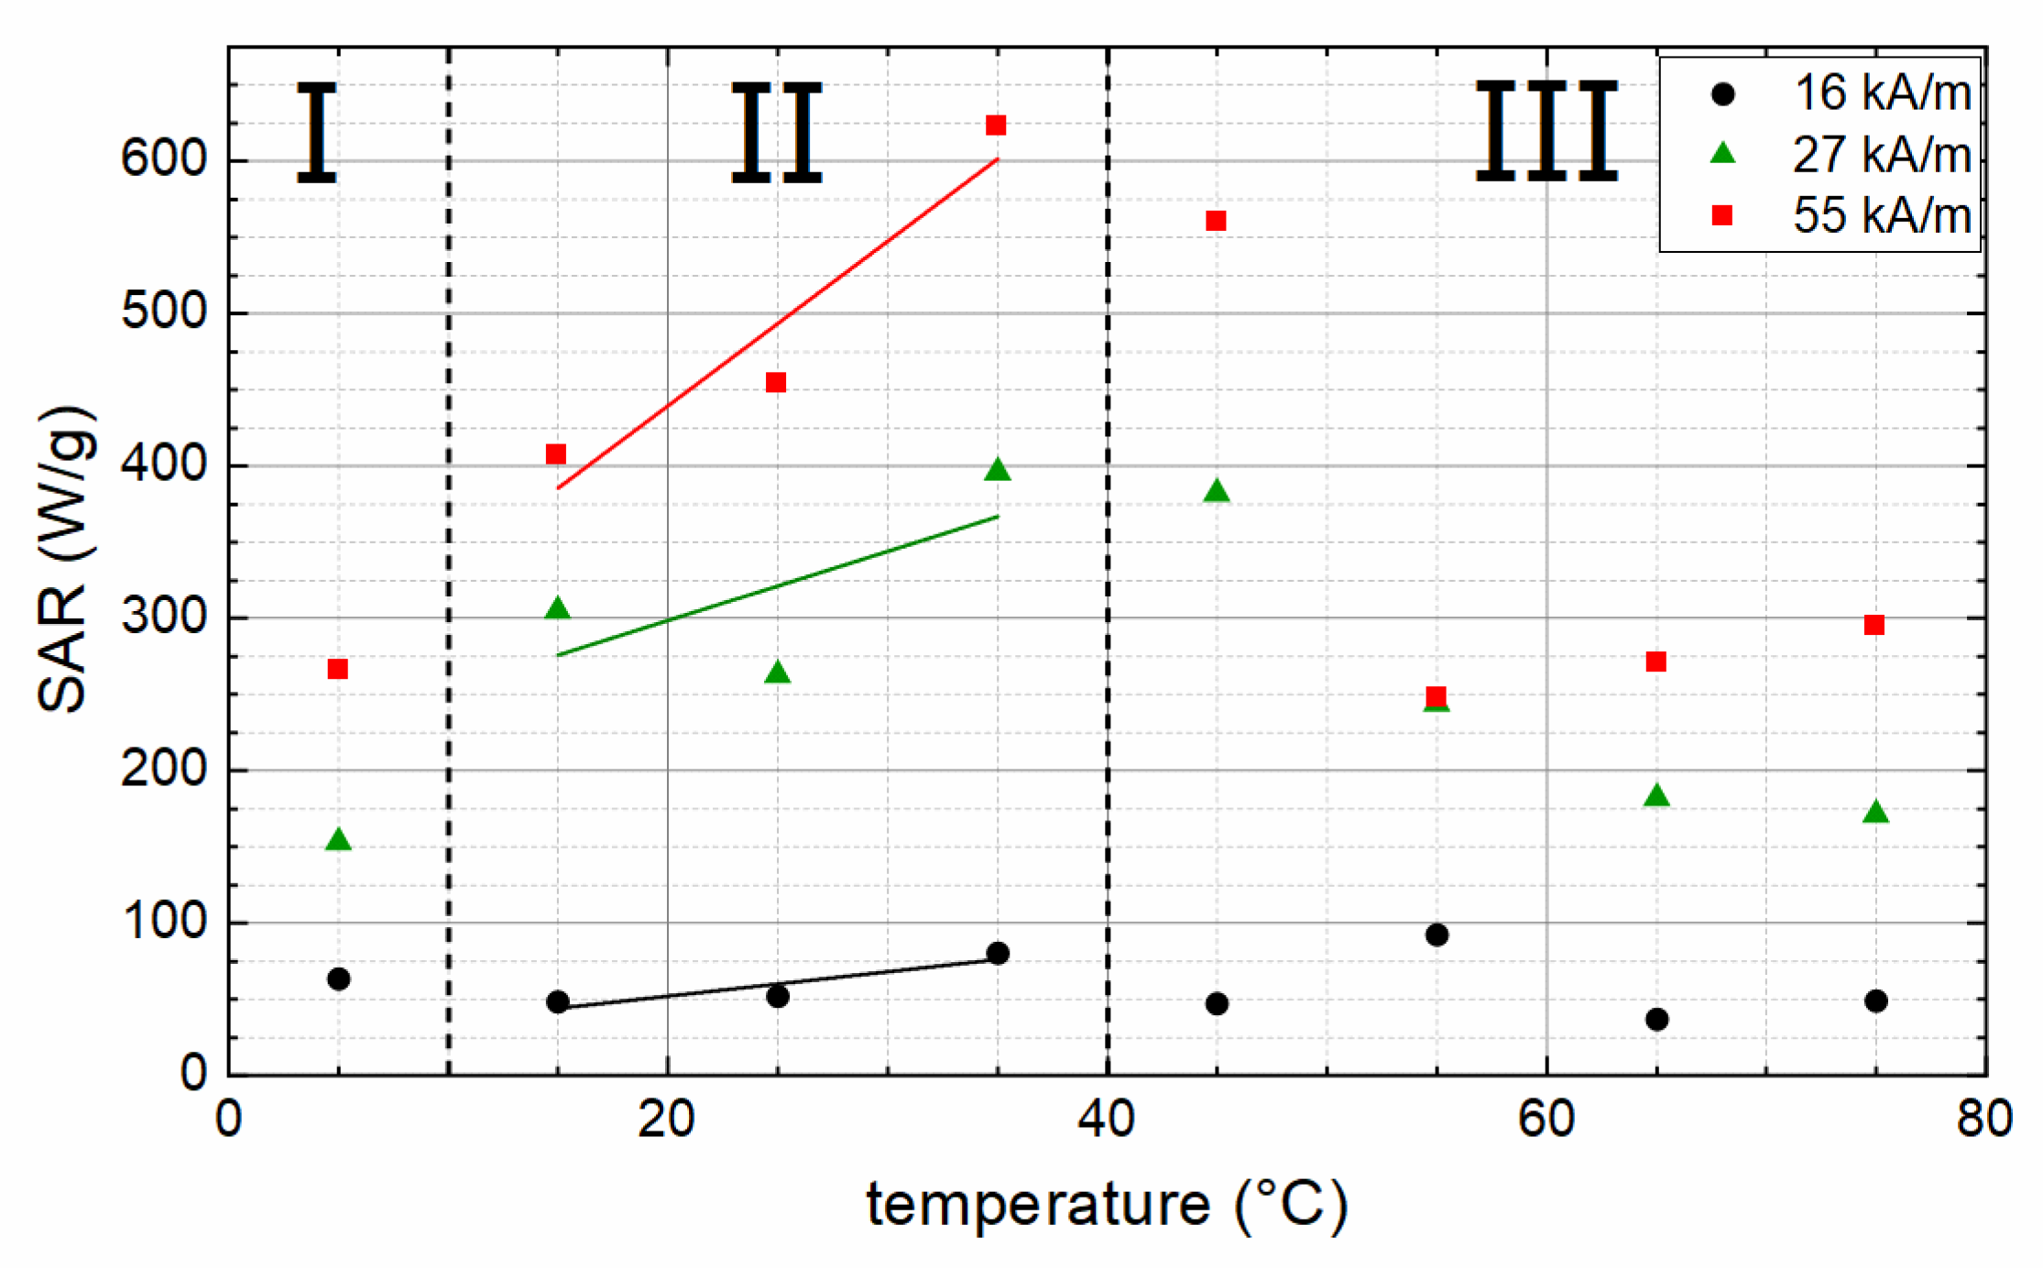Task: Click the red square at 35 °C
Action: [x=996, y=126]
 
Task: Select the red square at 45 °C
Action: [x=1216, y=221]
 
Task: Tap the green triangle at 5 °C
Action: [x=338, y=840]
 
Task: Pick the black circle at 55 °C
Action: [x=1437, y=935]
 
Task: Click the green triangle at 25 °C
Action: [x=777, y=673]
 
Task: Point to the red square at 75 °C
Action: [x=1874, y=625]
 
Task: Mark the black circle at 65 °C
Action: [x=1656, y=1020]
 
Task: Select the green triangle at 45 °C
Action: [x=1216, y=492]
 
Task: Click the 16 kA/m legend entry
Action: [x=1841, y=93]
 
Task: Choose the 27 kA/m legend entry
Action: [x=1841, y=154]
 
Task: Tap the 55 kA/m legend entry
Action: [x=1841, y=215]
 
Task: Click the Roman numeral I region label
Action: [x=317, y=133]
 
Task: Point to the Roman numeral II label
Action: [x=776, y=133]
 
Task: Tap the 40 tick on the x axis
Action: [x=1107, y=1119]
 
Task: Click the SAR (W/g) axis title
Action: [x=64, y=559]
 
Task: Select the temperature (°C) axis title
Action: [x=1107, y=1205]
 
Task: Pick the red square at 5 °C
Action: [x=337, y=669]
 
